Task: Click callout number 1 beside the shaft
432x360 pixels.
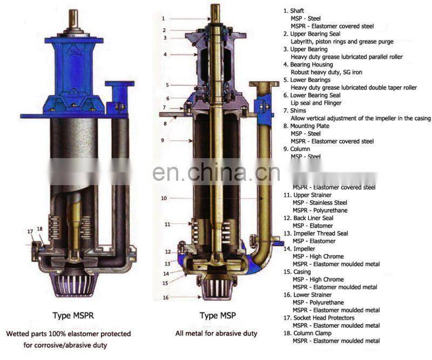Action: (163, 18)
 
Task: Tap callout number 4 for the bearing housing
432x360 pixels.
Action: (165, 55)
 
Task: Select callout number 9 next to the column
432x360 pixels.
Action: (163, 140)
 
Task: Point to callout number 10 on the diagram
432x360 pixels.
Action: (164, 198)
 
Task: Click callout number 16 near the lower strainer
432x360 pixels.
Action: (166, 297)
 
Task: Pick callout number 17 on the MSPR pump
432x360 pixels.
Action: (30, 232)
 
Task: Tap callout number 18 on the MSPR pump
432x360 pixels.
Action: (39, 229)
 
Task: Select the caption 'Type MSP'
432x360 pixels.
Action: (216, 316)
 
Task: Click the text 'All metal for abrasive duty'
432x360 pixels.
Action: (216, 334)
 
